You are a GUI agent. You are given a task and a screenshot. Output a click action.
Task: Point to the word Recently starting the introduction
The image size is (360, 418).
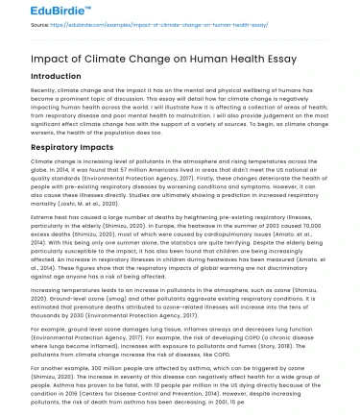tap(46, 93)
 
